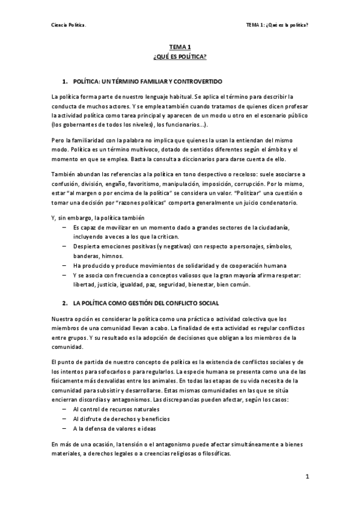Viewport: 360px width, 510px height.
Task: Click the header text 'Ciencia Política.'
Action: click(69, 25)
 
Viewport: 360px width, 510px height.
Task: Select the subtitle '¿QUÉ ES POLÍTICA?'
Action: click(180, 56)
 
